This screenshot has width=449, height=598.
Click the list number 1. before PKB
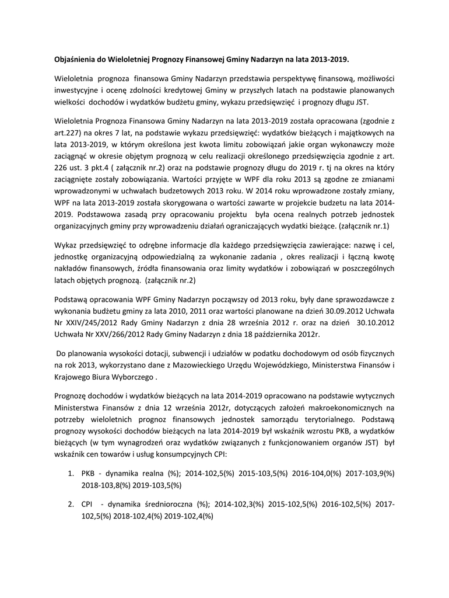click(x=71, y=473)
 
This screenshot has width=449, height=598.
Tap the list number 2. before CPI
click(x=71, y=505)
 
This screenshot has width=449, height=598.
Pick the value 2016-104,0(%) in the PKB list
click(x=315, y=473)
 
